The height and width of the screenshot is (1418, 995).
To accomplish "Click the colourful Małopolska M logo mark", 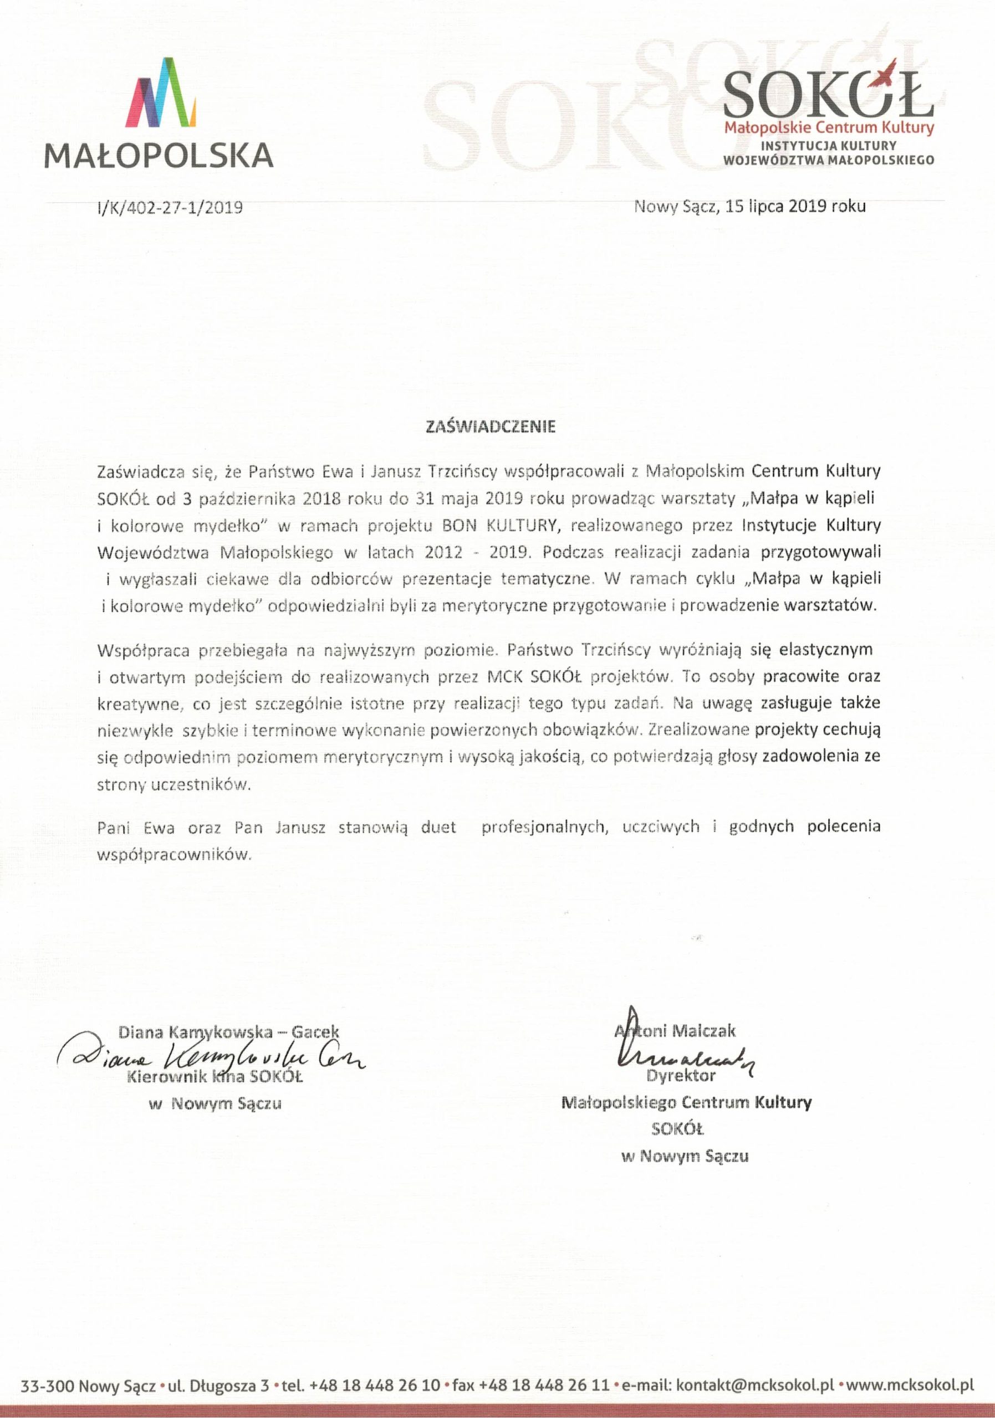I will pyautogui.click(x=160, y=92).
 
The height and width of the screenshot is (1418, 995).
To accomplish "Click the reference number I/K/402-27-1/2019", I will pyautogui.click(x=169, y=208).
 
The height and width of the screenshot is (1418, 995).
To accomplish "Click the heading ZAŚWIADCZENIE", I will pyautogui.click(x=491, y=427).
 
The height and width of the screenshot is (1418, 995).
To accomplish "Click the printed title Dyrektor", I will pyautogui.click(x=681, y=1075).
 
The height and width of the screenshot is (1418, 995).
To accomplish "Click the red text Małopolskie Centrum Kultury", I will pyautogui.click(x=829, y=129).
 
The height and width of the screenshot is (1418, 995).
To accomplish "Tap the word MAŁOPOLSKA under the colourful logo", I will pyautogui.click(x=159, y=156).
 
